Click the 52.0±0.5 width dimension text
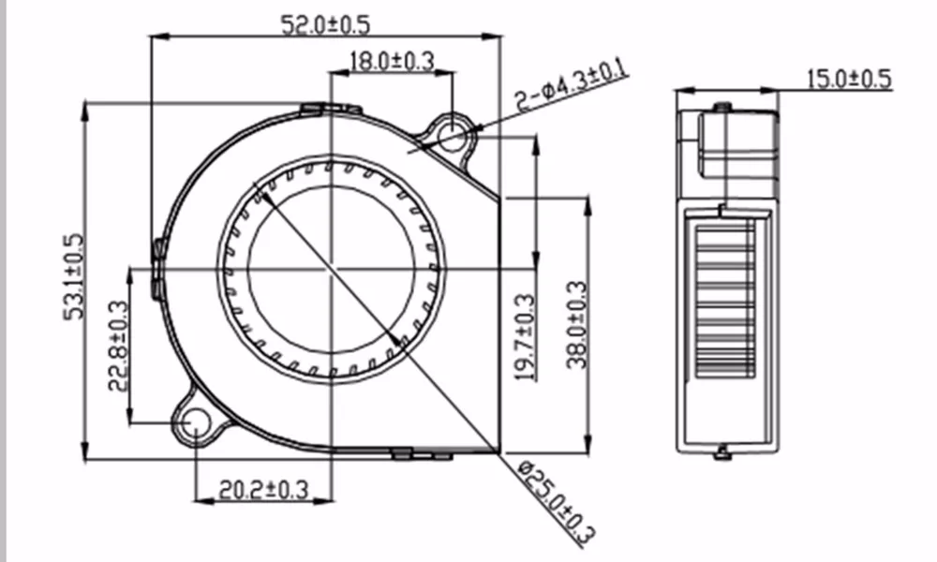coord(326,24)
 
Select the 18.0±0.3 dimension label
coord(392,61)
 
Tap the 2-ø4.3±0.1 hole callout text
coord(571,84)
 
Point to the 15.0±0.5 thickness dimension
coord(849,79)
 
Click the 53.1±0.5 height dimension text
coord(74,276)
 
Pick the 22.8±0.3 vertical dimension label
coord(118,346)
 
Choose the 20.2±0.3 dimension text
coord(263,490)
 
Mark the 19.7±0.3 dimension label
coord(526,337)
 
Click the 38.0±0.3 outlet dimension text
coord(576,325)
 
